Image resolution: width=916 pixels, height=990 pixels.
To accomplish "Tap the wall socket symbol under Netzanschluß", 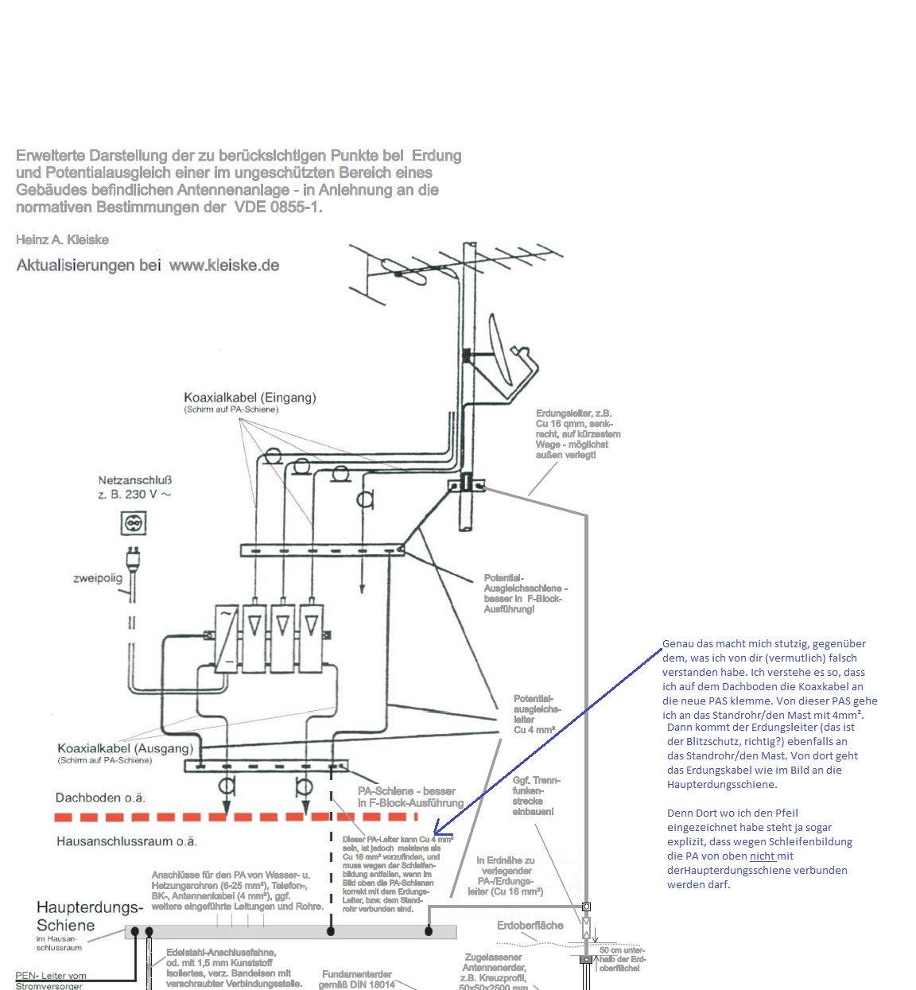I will click(x=133, y=522).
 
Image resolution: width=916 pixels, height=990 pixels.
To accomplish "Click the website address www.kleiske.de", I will click(x=224, y=266).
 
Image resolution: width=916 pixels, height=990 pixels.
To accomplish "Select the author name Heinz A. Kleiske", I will click(x=62, y=240).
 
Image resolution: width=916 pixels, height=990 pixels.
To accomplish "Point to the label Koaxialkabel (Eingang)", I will click(x=250, y=398).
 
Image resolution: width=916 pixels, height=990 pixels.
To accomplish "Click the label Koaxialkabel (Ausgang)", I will click(x=125, y=748).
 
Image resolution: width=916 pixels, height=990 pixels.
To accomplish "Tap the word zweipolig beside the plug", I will click(x=98, y=578).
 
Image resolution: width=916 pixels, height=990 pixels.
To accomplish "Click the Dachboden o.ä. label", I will click(x=100, y=798).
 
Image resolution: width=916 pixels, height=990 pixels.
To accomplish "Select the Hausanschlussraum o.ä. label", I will click(x=126, y=841).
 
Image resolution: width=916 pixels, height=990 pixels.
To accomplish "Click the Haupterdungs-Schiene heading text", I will click(x=89, y=916).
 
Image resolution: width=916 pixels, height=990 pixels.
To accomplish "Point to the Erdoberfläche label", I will click(x=530, y=926).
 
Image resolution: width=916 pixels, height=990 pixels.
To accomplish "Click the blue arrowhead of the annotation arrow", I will click(x=438, y=833).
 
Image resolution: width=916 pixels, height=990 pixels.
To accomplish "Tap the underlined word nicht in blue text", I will click(x=762, y=856).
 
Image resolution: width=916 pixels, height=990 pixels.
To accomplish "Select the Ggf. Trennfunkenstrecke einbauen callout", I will click(x=536, y=796).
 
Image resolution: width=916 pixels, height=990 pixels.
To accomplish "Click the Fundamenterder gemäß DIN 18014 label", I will click(x=357, y=979).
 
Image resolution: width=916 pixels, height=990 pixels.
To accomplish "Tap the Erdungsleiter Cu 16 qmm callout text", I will click(x=577, y=434).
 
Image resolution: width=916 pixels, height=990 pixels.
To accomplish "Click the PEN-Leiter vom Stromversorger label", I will click(x=50, y=980).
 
